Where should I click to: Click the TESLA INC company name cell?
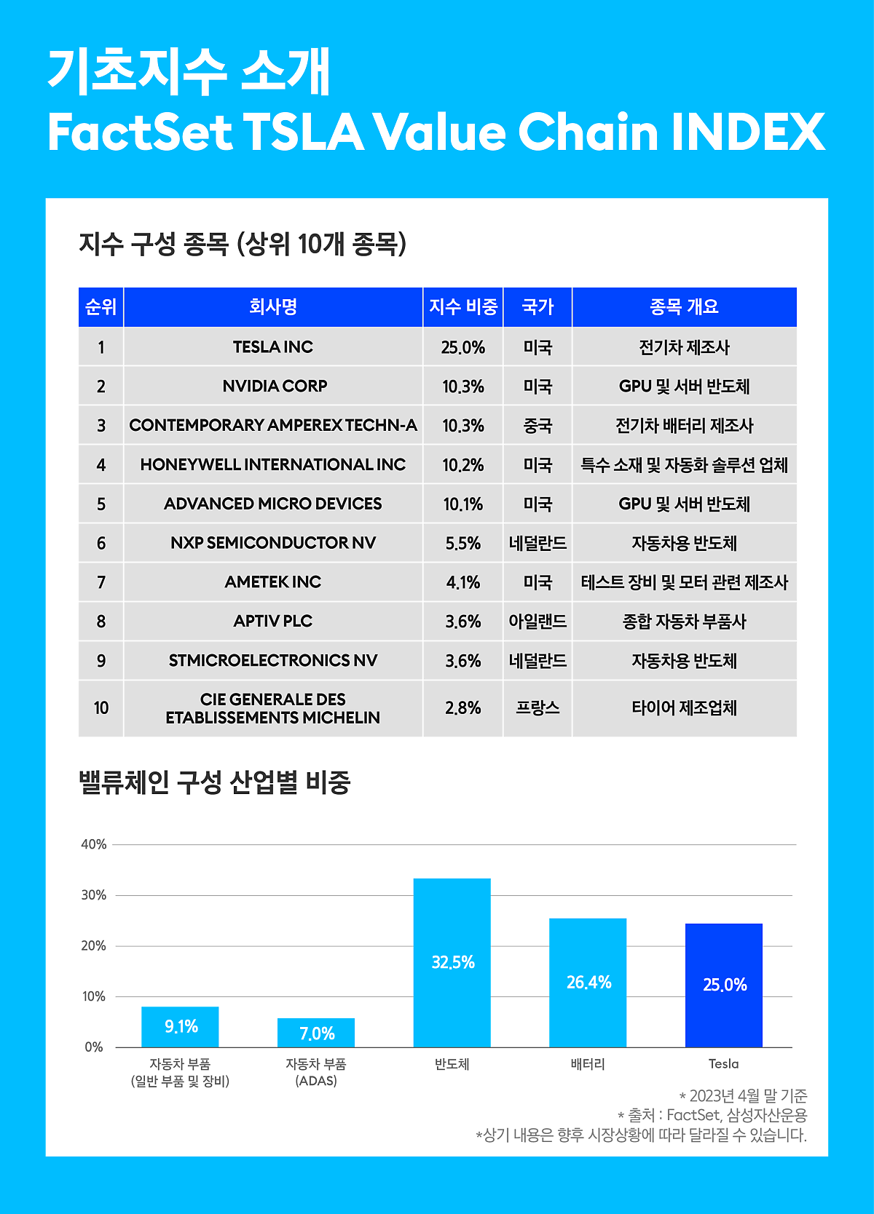(x=273, y=347)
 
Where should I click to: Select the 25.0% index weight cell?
(x=462, y=347)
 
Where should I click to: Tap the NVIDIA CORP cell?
(x=275, y=386)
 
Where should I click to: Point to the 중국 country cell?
(x=538, y=426)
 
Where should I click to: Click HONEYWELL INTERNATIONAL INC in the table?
(x=273, y=465)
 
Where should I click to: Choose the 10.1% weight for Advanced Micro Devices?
(x=462, y=504)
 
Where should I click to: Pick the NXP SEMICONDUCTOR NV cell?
(x=273, y=543)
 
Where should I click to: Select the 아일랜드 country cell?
(x=538, y=622)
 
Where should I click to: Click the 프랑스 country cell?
(x=538, y=708)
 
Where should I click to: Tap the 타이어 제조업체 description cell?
(x=684, y=708)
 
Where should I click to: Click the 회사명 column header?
(x=273, y=307)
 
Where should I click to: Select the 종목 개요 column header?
(x=684, y=307)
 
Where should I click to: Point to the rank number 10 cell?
(x=101, y=708)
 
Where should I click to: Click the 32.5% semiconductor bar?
(x=452, y=962)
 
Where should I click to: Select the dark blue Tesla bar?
(x=724, y=985)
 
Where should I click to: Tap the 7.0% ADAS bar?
(x=316, y=1033)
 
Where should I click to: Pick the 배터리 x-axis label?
(x=588, y=1064)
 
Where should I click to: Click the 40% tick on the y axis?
(x=94, y=844)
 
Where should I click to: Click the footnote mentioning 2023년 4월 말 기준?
(x=744, y=1096)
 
